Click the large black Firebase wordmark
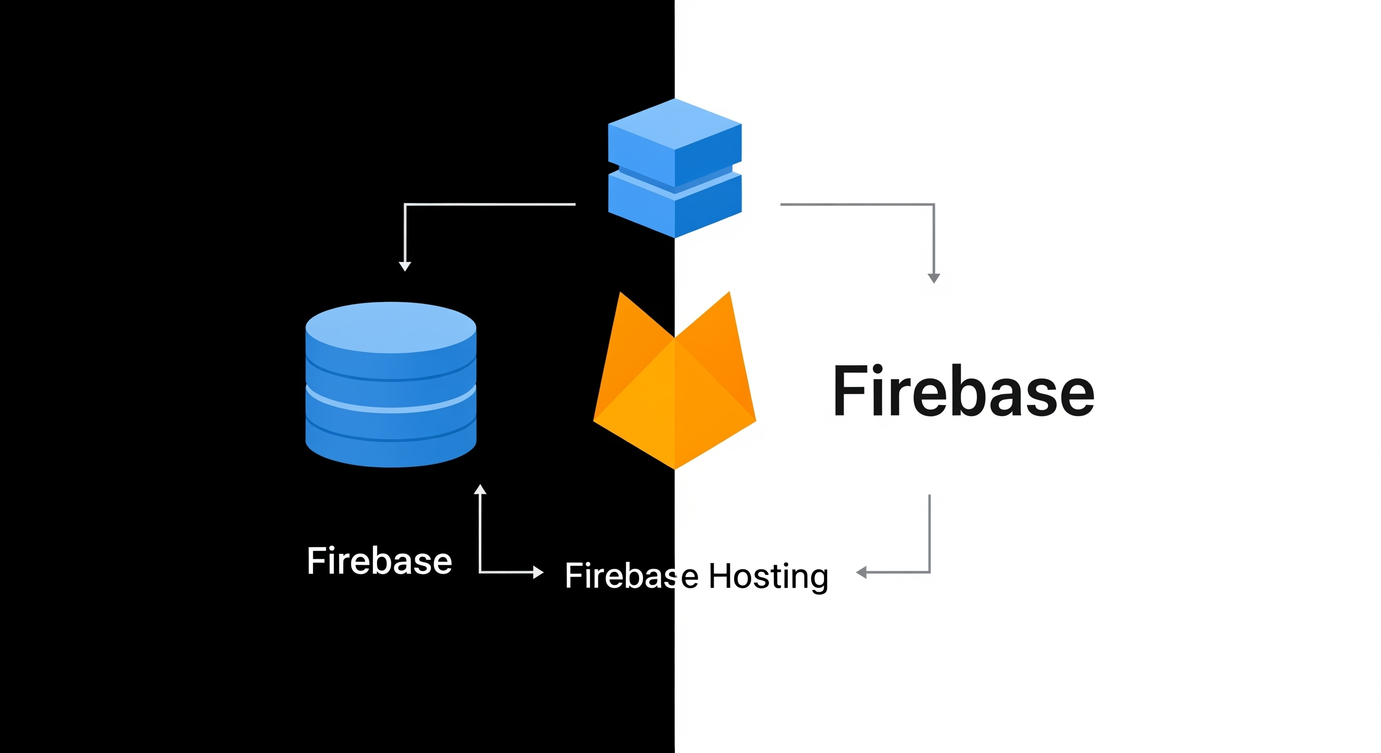coord(963,391)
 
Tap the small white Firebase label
coord(379,561)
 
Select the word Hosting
coord(768,577)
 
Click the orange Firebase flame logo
coord(674,391)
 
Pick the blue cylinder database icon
coord(391,384)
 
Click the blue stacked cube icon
coord(674,168)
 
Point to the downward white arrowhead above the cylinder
coord(405,266)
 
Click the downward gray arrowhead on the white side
coord(934,278)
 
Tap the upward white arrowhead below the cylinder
coord(480,489)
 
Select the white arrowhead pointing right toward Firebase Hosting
coord(538,573)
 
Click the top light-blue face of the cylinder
coord(391,327)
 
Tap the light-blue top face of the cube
coord(674,123)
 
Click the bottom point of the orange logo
coord(674,467)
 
